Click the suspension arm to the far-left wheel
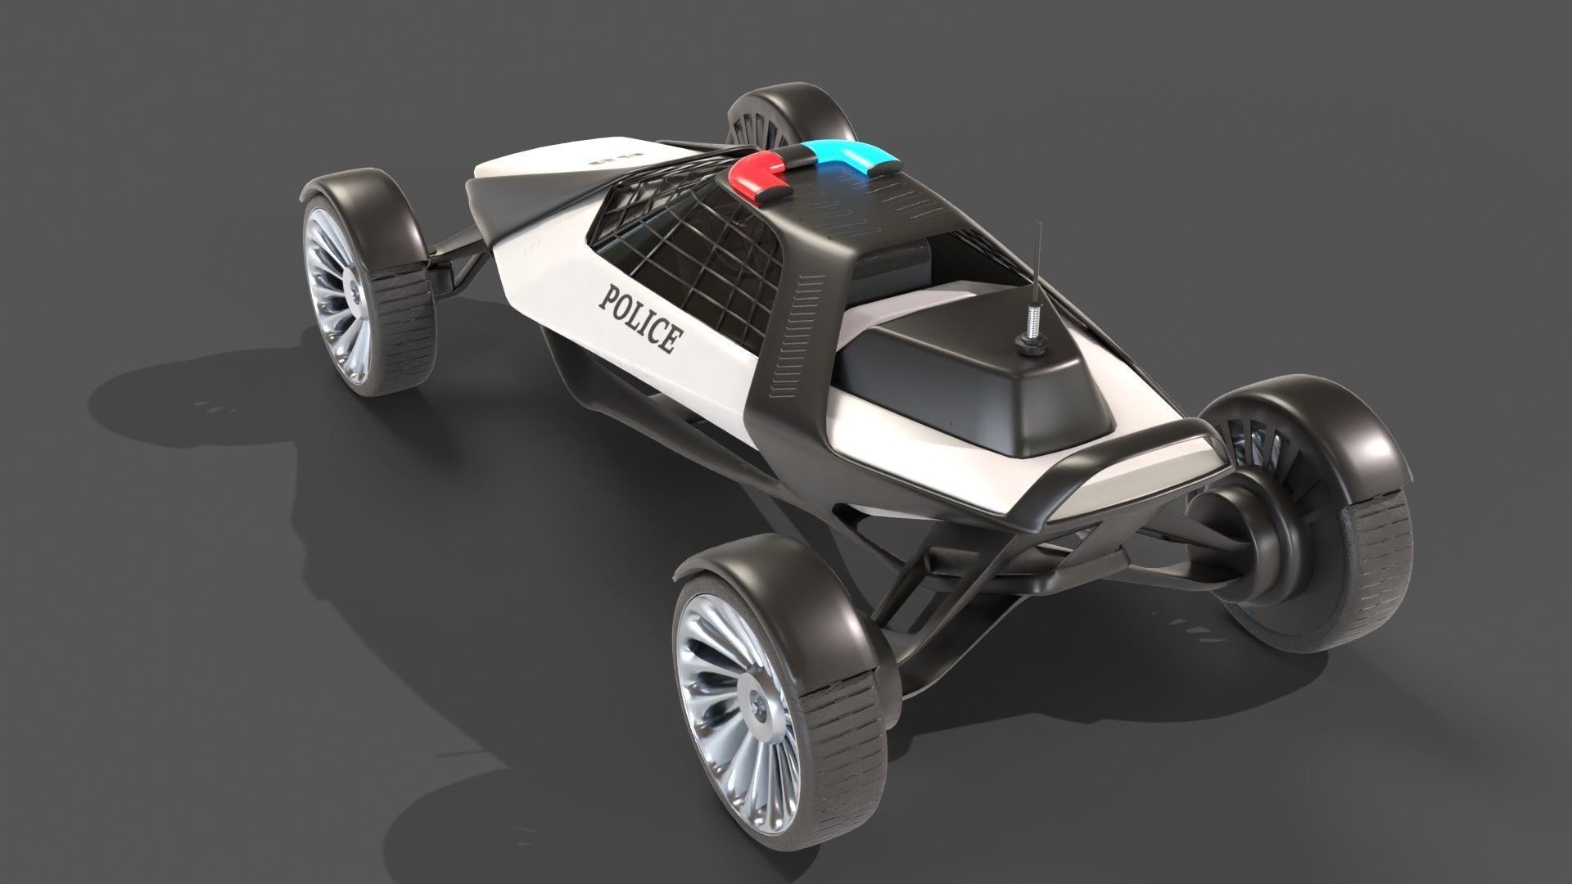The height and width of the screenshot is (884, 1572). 458,254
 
